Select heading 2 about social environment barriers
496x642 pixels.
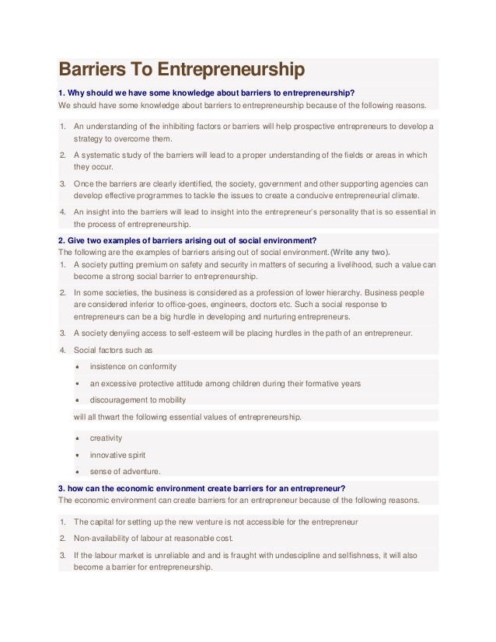(x=187, y=239)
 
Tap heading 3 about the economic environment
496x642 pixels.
(x=202, y=488)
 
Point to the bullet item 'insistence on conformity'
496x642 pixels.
(x=133, y=367)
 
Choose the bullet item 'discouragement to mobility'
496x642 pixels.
(x=138, y=400)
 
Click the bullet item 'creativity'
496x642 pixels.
(x=106, y=438)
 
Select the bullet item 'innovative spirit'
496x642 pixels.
(x=117, y=455)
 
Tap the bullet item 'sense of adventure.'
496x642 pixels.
(x=125, y=471)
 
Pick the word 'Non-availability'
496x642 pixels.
(x=103, y=538)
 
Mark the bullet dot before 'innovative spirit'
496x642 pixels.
(x=79, y=455)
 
